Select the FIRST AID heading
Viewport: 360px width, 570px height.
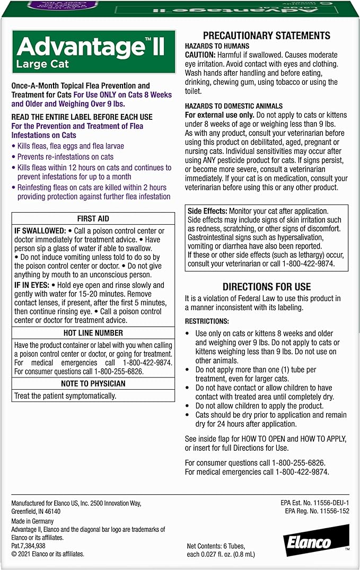click(93, 218)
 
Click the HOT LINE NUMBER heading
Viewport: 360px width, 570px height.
click(93, 333)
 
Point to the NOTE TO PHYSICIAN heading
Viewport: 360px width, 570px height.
click(93, 383)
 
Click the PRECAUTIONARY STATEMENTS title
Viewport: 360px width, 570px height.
click(267, 36)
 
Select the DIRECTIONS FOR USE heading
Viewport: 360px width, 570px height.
click(267, 287)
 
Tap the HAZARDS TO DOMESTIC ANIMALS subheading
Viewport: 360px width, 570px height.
click(234, 106)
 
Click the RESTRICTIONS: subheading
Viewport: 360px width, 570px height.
click(207, 321)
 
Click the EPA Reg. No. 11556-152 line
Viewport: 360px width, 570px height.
click(317, 511)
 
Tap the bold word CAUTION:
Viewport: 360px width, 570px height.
click(200, 55)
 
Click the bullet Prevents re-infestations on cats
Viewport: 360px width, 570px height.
click(65, 157)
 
